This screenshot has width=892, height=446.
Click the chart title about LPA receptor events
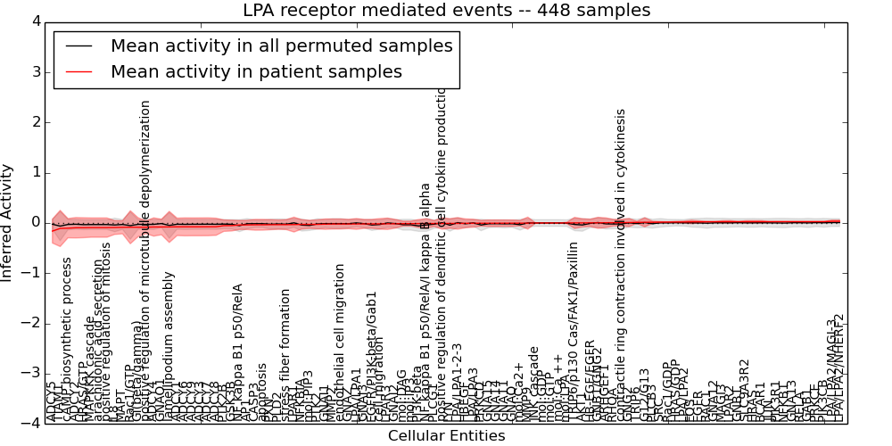[x=446, y=11]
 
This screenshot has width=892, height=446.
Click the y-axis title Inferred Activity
[x=8, y=222]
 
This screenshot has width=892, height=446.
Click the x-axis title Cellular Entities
[x=446, y=436]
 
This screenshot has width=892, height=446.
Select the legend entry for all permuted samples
[x=281, y=45]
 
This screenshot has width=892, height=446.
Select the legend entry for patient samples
[x=256, y=71]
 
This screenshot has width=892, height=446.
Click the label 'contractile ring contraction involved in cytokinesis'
[x=622, y=265]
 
